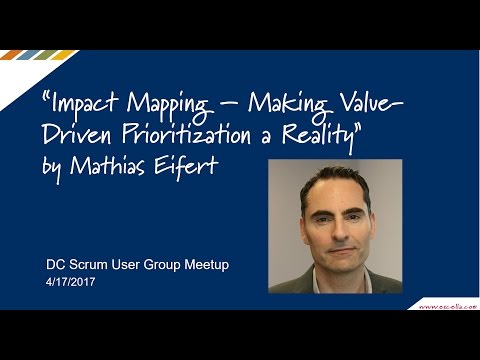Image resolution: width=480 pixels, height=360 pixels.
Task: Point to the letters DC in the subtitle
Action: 56,267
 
